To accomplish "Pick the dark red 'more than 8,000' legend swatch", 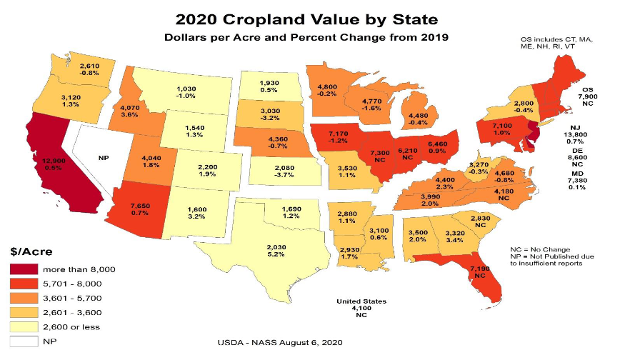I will pyautogui.click(x=24, y=269).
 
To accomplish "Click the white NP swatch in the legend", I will pyautogui.click(x=24, y=341).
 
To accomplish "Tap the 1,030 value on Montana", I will pyautogui.click(x=186, y=89).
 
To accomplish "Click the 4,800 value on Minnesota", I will pyautogui.click(x=326, y=87).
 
